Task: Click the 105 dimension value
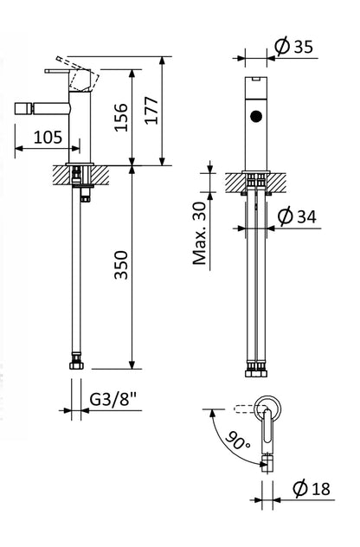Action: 48,137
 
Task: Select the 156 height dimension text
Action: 121,117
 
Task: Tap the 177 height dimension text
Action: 151,110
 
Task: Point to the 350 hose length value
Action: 121,265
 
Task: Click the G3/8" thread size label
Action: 112,400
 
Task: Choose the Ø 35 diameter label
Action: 293,47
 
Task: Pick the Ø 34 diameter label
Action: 297,216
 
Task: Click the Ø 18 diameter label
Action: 312,488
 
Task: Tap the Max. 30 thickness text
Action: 200,233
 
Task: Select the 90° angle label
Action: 237,441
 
